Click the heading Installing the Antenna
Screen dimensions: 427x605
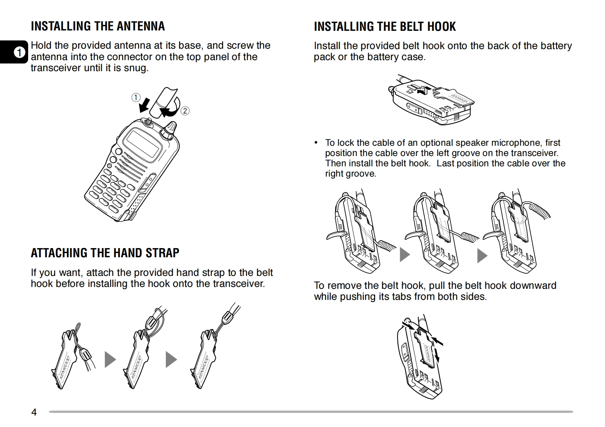click(98, 26)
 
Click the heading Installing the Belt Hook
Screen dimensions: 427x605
click(385, 27)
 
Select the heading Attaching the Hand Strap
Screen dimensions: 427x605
click(105, 253)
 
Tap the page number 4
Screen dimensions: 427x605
click(34, 412)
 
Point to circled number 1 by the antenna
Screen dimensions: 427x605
click(136, 97)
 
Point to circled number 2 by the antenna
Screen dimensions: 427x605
click(185, 111)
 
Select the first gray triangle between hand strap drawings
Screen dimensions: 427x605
click(110, 359)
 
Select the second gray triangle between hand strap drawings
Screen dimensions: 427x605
click(171, 359)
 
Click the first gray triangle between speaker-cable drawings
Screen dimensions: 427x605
click(405, 254)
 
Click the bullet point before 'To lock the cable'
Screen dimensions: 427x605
click(315, 143)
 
